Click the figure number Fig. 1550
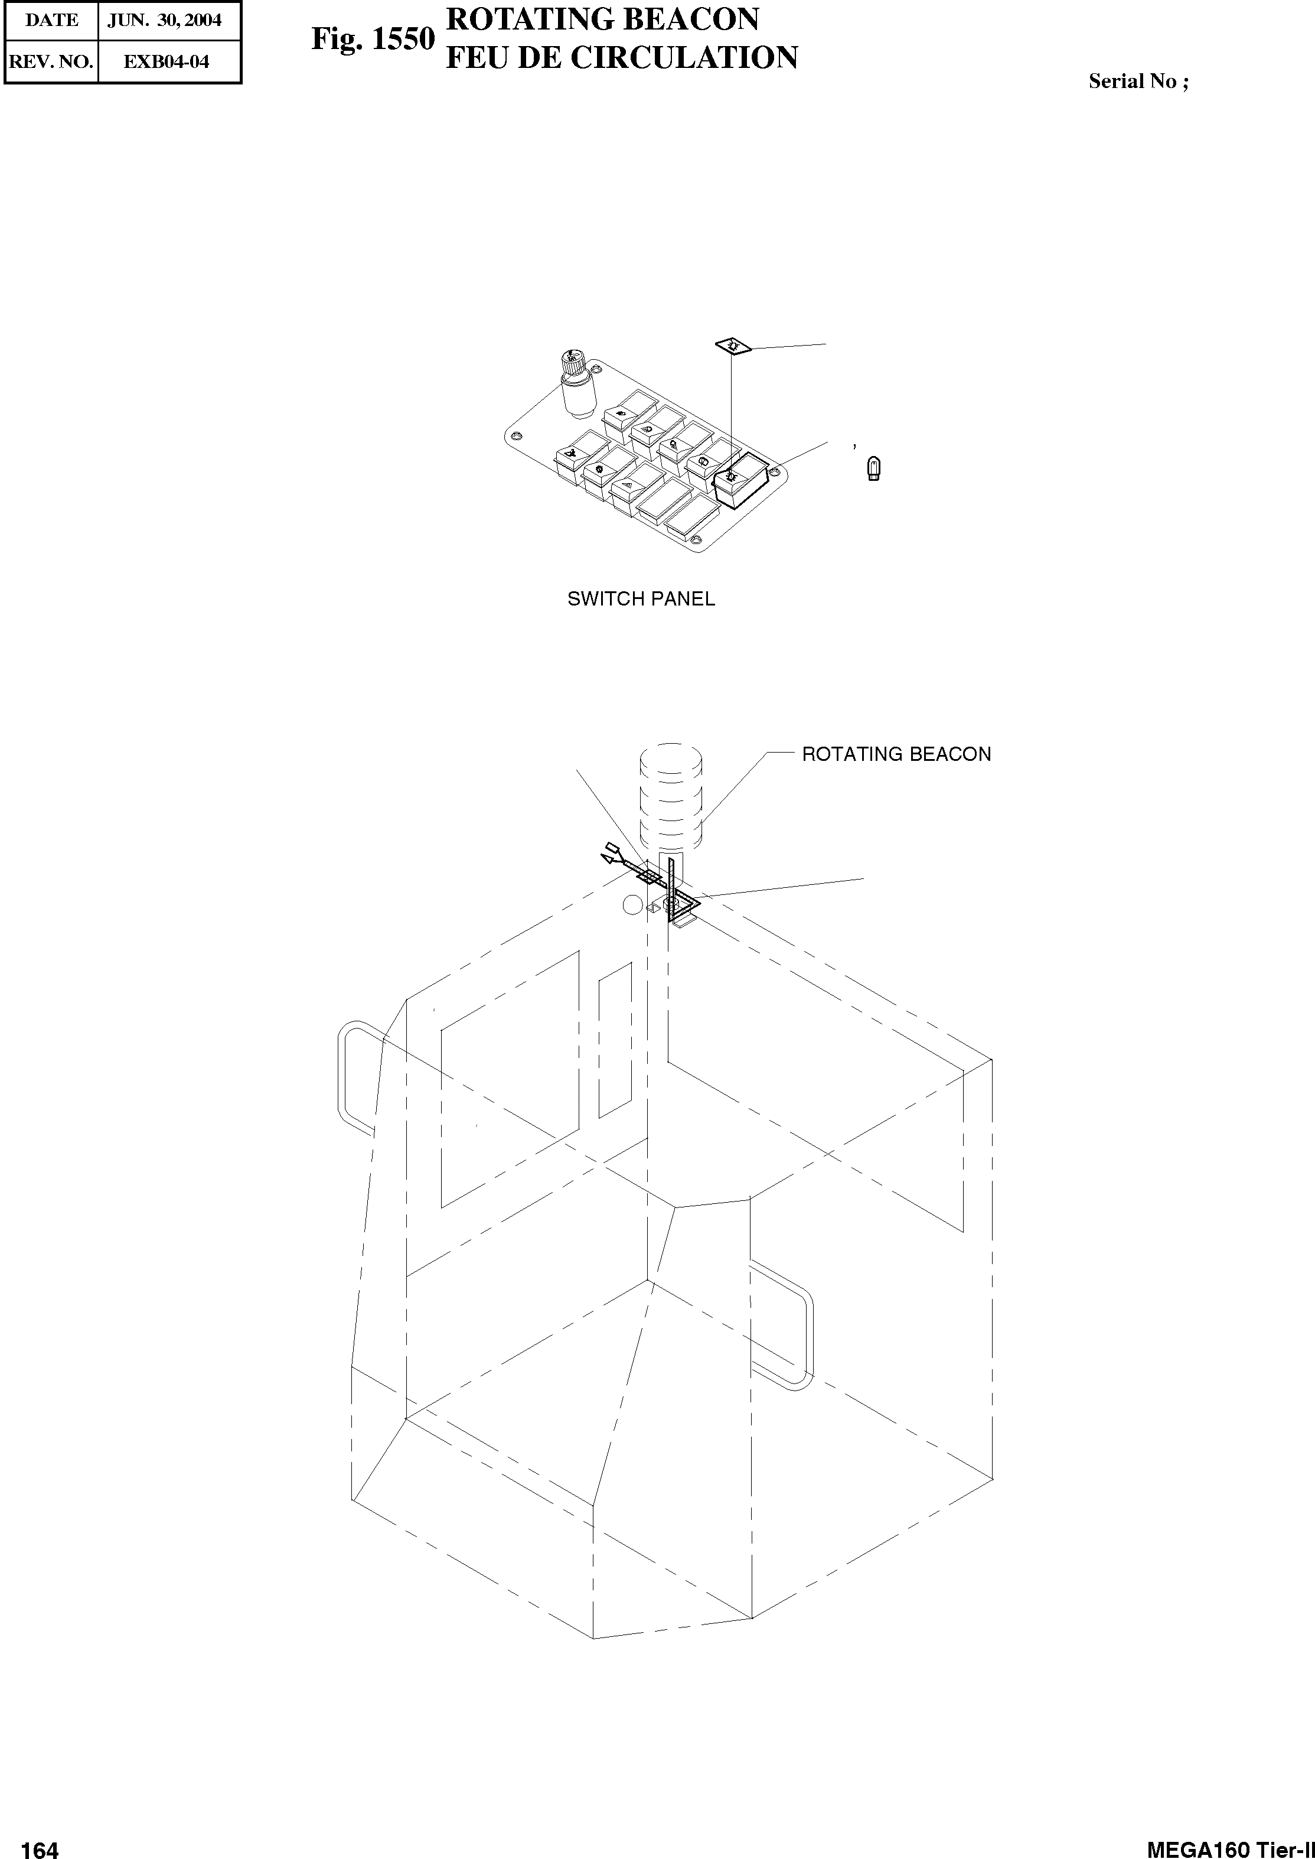click(x=373, y=39)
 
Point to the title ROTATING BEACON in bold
click(x=602, y=19)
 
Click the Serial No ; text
click(x=1138, y=81)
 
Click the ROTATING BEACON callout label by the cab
click(x=896, y=754)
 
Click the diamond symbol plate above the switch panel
click(x=733, y=347)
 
